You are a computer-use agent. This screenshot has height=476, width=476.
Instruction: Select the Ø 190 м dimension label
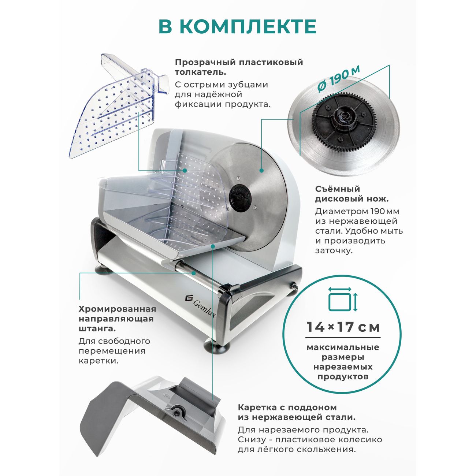tap(338, 79)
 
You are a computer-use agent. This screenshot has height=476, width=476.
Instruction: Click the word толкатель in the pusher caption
tap(200, 72)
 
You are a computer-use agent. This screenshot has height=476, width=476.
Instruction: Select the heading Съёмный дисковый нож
tap(352, 194)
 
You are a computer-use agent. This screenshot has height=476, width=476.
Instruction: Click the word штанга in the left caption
tap(97, 329)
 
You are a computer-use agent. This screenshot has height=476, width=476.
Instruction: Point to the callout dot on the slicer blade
tap(261, 170)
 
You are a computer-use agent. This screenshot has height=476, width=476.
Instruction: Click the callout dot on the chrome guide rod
tap(194, 273)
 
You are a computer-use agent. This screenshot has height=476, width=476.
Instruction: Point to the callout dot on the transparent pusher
tap(185, 170)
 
